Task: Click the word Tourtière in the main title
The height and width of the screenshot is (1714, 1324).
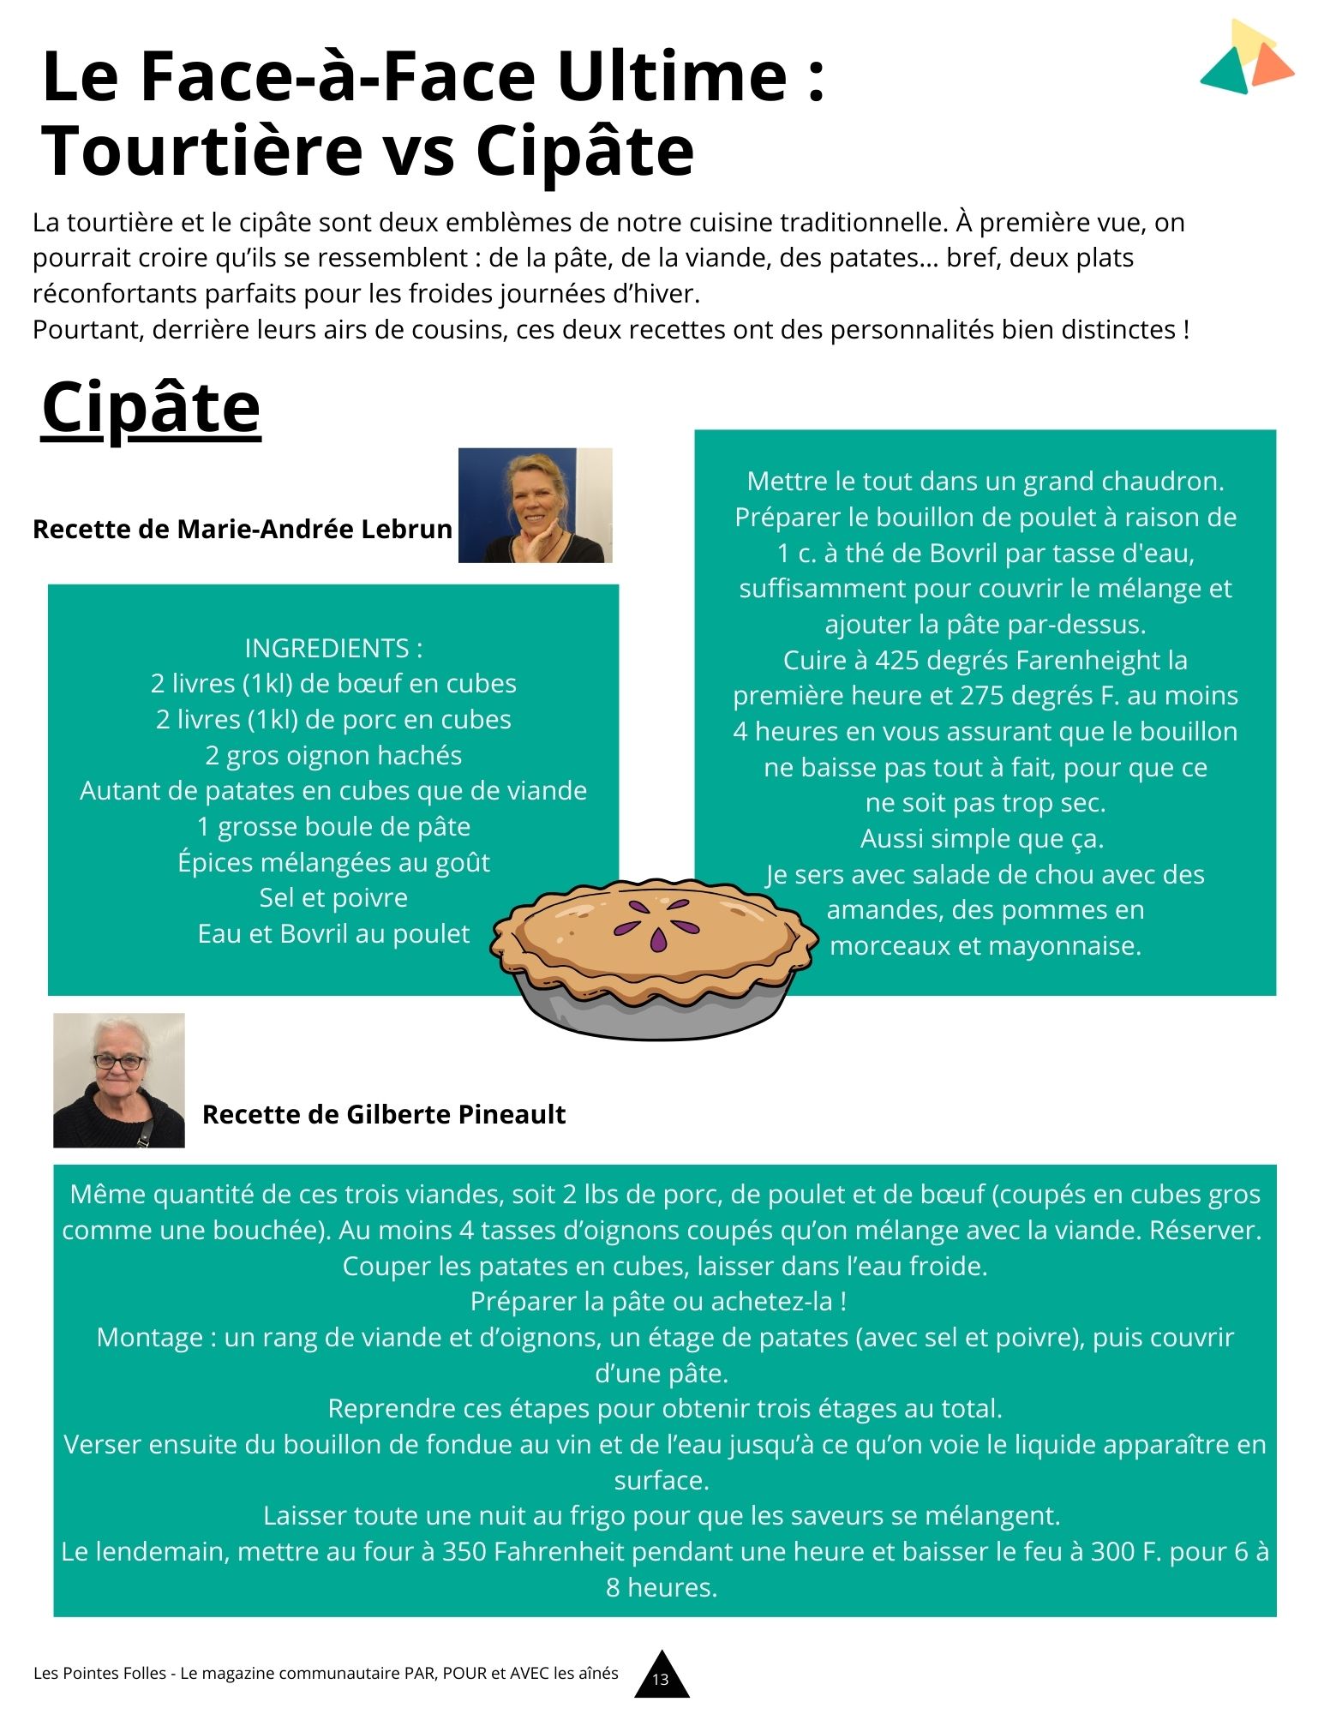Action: tap(202, 151)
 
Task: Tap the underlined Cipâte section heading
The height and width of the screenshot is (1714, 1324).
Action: tap(151, 408)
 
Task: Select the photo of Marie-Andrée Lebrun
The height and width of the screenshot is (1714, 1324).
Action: tap(535, 505)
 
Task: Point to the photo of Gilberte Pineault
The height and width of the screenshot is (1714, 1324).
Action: tap(119, 1080)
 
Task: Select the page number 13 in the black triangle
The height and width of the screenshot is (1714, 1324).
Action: tap(661, 1679)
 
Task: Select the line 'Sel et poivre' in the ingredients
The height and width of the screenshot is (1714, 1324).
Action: tap(333, 897)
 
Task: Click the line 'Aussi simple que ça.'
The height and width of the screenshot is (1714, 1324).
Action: tap(982, 838)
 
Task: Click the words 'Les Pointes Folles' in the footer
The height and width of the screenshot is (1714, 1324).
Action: tap(99, 1673)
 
